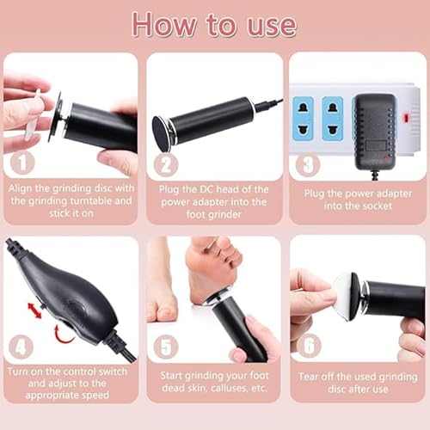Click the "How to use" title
[215, 24]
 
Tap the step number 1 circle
[22, 160]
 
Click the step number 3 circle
[308, 161]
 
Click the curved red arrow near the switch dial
[60, 330]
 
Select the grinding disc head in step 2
[161, 132]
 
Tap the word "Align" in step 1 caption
[23, 187]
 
